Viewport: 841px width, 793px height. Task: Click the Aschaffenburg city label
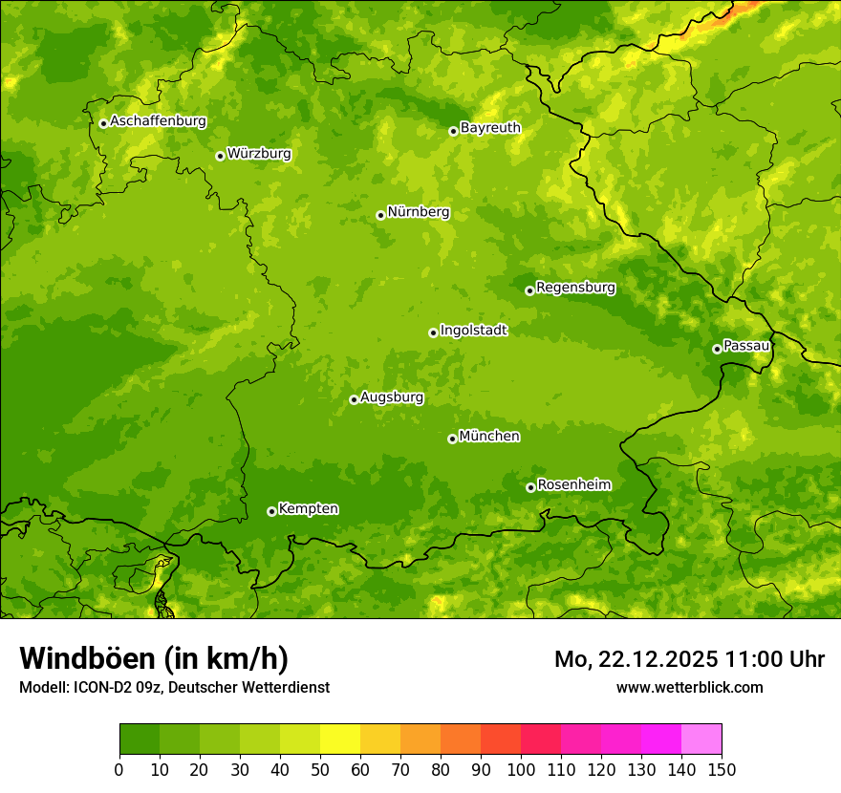coord(158,121)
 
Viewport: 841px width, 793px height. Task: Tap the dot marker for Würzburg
coord(220,156)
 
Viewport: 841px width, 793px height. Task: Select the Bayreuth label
coord(490,128)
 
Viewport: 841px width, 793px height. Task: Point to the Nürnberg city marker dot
coord(380,215)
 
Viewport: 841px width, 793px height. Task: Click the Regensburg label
coord(575,288)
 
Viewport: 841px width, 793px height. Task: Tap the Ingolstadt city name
coord(473,331)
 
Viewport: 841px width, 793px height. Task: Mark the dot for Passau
coord(717,349)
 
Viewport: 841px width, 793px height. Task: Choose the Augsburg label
coord(392,397)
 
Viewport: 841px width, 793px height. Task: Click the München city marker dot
coord(452,439)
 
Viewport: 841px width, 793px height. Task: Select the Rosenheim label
coord(573,485)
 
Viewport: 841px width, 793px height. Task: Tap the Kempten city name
coord(308,509)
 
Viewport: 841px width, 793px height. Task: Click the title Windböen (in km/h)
coord(153,658)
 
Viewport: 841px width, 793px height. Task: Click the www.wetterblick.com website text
coord(689,687)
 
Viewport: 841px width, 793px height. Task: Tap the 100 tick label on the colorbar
coord(521,770)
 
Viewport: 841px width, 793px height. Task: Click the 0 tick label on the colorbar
coord(119,770)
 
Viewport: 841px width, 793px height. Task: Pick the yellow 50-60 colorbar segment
coord(340,739)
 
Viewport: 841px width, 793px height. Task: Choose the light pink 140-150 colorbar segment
coord(701,739)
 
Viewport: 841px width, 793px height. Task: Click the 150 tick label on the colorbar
coord(722,770)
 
